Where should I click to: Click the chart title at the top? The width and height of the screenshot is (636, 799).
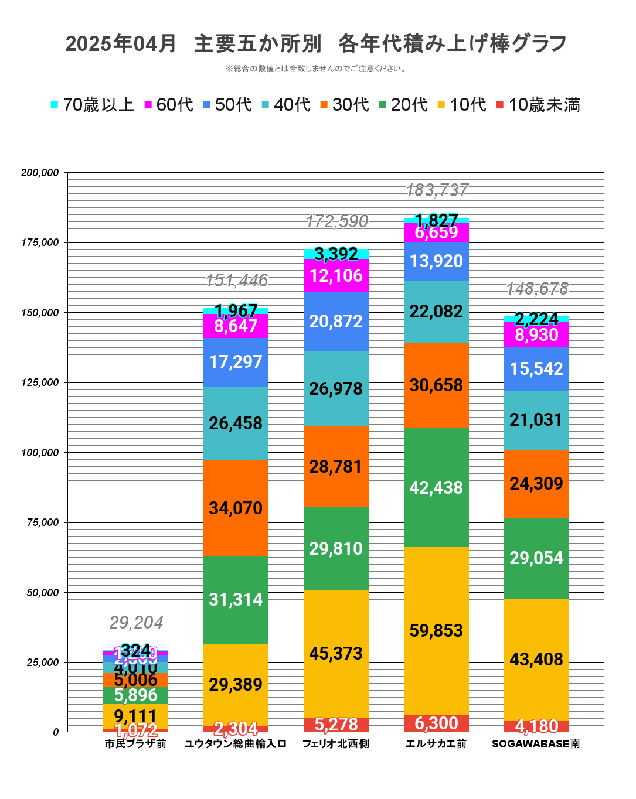(317, 44)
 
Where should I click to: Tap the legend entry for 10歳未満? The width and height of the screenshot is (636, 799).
(538, 105)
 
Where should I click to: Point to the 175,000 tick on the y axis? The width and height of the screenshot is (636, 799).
(40, 243)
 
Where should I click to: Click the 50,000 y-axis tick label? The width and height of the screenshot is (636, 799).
(43, 593)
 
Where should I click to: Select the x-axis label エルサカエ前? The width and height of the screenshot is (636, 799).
(436, 744)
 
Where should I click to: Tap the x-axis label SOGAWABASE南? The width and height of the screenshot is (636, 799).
(536, 744)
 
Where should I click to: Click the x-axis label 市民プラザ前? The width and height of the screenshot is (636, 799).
(135, 744)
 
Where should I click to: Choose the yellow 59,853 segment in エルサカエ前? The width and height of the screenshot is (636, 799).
(436, 631)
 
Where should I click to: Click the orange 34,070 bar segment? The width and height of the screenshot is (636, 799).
(236, 508)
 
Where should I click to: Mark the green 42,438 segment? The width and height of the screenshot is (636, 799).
(436, 487)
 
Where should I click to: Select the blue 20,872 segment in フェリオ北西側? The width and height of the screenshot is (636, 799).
(336, 321)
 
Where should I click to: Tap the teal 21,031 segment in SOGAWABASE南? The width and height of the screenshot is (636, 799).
(536, 420)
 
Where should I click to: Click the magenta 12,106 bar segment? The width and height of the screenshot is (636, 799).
(336, 275)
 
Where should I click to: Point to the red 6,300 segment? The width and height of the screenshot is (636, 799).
(436, 723)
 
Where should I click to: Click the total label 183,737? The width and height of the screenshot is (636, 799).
(437, 190)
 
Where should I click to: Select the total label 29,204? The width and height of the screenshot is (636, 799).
(136, 622)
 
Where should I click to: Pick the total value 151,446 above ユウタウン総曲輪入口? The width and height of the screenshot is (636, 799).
(236, 281)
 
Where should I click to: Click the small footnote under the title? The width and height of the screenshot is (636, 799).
(317, 69)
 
